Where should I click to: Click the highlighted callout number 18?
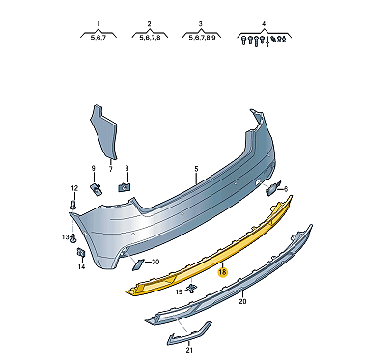(222, 272)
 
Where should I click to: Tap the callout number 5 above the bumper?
(196, 169)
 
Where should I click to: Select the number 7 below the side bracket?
(110, 169)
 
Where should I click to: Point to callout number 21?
(189, 350)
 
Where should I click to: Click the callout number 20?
(242, 301)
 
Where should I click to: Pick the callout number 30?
(155, 263)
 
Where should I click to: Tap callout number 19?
(179, 291)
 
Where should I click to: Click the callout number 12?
(74, 188)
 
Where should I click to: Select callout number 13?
(66, 237)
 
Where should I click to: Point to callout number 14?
(81, 266)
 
